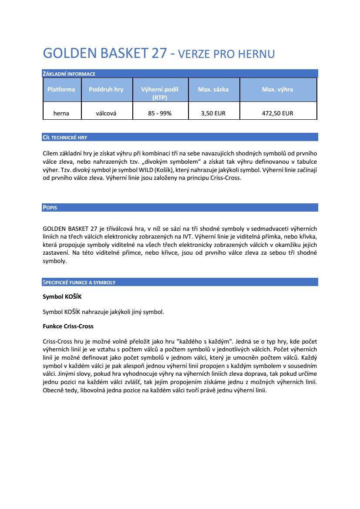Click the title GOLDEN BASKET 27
104,53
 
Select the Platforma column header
61,89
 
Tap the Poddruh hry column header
106,89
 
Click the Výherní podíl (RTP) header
160,93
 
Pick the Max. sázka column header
213,89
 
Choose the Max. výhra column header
277,89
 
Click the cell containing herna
61,113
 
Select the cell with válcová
106,113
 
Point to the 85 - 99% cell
160,113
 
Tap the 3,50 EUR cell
213,113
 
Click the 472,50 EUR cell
277,113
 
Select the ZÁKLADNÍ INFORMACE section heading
69,74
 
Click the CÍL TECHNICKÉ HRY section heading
65,138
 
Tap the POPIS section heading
50,208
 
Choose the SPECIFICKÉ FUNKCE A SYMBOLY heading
79,283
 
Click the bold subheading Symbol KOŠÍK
62,297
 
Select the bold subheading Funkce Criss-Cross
68,326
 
